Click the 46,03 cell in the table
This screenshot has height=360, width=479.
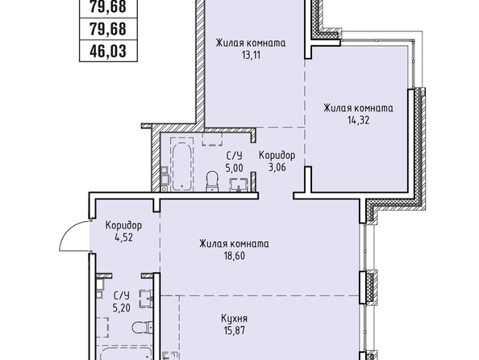pyautogui.click(x=108, y=51)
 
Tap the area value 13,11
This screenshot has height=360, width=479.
pyautogui.click(x=251, y=55)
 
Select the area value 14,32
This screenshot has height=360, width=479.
pyautogui.click(x=358, y=120)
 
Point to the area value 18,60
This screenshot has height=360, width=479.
pyautogui.click(x=235, y=256)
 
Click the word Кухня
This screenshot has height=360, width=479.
pyautogui.click(x=235, y=319)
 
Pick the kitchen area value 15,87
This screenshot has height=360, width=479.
pyautogui.click(x=235, y=331)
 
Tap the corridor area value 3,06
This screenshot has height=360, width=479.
pyautogui.click(x=277, y=167)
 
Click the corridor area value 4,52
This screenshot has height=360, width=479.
pyautogui.click(x=123, y=237)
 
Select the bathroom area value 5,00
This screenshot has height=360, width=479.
pyautogui.click(x=235, y=168)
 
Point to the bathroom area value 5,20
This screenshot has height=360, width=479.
pyautogui.click(x=122, y=308)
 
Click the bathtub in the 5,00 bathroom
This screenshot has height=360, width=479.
pyautogui.click(x=182, y=166)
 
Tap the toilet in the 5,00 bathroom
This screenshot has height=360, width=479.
pyautogui.click(x=212, y=181)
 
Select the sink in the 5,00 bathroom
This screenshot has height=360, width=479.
pyautogui.click(x=238, y=185)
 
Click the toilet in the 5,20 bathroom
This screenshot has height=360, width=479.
pyautogui.click(x=143, y=328)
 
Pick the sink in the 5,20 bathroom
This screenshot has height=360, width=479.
pyautogui.click(x=146, y=299)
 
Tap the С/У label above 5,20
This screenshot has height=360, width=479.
pyautogui.click(x=122, y=295)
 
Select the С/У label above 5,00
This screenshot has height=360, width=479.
pyautogui.click(x=235, y=156)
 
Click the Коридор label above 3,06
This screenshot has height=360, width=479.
pyautogui.click(x=277, y=155)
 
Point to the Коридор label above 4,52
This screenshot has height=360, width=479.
pyautogui.click(x=123, y=226)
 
